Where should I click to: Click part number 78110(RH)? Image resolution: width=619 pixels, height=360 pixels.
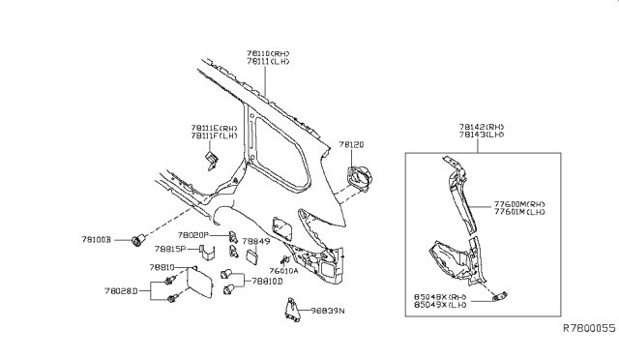[x=268, y=52]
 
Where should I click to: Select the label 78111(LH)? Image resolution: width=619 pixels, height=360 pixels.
[x=268, y=62]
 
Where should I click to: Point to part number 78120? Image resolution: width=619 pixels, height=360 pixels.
[x=350, y=144]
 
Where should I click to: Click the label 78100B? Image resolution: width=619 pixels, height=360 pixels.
[x=97, y=238]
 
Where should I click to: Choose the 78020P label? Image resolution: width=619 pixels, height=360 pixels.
[x=193, y=235]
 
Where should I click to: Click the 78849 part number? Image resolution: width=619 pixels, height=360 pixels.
[x=255, y=241]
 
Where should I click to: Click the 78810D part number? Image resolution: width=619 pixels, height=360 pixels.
[x=267, y=282]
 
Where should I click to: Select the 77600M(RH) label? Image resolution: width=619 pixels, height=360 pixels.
[x=520, y=205]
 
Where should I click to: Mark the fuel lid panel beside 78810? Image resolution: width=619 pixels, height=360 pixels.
[x=198, y=286]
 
